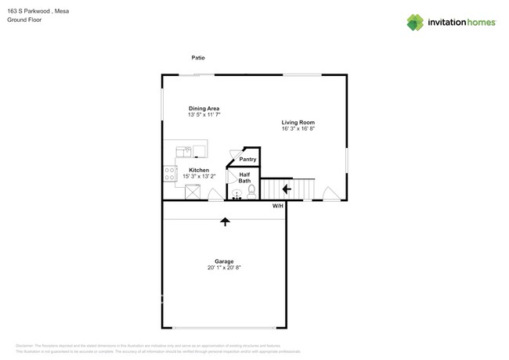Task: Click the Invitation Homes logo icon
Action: click(415, 22)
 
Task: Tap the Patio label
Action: click(199, 57)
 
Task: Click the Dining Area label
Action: click(204, 108)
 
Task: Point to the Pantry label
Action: click(247, 159)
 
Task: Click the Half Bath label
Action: click(244, 178)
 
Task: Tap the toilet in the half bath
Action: click(251, 190)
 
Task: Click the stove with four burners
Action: click(169, 174)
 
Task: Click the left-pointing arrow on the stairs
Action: click(287, 189)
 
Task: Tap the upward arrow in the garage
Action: click(226, 221)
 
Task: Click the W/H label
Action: click(278, 206)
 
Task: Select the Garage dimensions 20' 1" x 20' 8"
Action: click(224, 268)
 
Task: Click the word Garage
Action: click(224, 261)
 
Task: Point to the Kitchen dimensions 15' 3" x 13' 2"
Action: click(199, 176)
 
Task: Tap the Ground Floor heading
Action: click(24, 20)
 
